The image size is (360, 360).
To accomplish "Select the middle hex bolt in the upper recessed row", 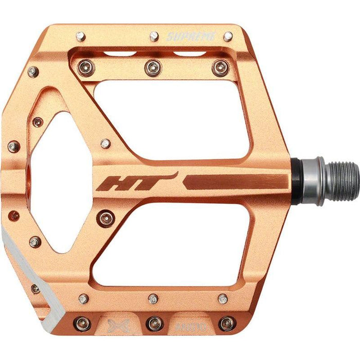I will pyautogui.click(x=153, y=67).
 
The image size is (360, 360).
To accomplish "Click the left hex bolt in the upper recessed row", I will pyautogui.click(x=85, y=67).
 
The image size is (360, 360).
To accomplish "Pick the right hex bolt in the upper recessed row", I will pyautogui.click(x=221, y=67).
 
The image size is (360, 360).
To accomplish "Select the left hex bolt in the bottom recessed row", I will pyautogui.click(x=84, y=323).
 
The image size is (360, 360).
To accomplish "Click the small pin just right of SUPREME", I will pyautogui.click(x=227, y=36).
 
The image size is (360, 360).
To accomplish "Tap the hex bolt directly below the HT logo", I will pyautogui.click(x=106, y=218).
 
